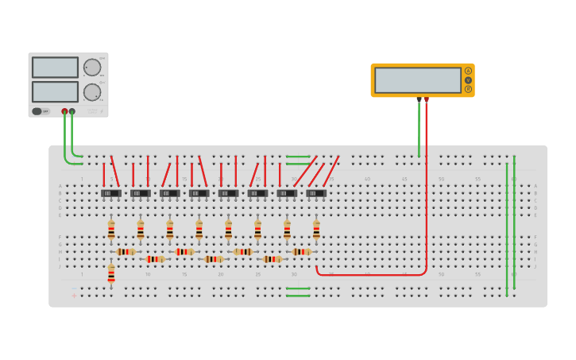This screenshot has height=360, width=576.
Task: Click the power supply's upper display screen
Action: pos(55,67)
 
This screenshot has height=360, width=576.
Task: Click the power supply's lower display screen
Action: pos(55,91)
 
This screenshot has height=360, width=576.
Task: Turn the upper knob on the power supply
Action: pos(92,68)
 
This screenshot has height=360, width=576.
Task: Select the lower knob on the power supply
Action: pos(92,92)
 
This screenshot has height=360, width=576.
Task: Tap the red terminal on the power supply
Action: pos(64,111)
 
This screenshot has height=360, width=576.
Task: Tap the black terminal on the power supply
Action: pos(72,111)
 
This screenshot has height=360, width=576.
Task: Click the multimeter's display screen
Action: pos(418,79)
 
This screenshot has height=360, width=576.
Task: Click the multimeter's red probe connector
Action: pos(427,99)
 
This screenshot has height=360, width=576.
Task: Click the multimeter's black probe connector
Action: pos(419,99)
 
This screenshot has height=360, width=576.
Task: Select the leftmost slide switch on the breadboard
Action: pos(110,193)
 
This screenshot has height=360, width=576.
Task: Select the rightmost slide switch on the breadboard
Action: pos(316,193)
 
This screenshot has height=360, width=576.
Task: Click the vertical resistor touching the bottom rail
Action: pos(111,275)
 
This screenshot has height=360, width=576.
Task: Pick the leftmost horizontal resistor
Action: pos(126,252)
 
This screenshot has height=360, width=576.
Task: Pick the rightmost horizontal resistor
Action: pos(302,252)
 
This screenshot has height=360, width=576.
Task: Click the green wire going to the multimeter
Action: pos(419,131)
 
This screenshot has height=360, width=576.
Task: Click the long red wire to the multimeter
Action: pos(427,199)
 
